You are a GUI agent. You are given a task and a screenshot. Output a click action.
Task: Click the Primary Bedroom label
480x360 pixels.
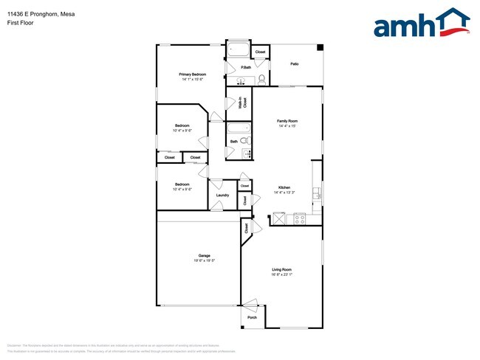click(193, 75)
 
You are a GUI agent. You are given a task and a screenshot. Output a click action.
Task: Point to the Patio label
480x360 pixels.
click(294, 64)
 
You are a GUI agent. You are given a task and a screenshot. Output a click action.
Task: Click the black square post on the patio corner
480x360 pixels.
click(320, 48)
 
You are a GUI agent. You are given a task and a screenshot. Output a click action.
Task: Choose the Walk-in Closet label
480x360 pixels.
click(241, 104)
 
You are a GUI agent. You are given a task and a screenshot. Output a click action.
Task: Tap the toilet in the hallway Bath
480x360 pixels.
click(247, 141)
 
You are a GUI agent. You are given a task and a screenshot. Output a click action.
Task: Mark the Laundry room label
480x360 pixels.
click(222, 195)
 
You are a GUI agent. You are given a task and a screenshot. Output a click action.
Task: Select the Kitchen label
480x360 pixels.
click(284, 187)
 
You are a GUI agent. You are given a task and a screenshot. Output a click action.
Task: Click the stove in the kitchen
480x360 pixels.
click(300, 218)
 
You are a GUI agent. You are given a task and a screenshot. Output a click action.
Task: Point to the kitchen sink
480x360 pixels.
click(317, 194)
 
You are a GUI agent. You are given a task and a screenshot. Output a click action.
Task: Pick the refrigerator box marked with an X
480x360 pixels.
click(279, 218)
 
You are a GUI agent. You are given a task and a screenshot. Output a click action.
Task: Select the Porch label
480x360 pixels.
click(252, 319)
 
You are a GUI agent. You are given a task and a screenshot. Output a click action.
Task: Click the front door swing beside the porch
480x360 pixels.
click(250, 303)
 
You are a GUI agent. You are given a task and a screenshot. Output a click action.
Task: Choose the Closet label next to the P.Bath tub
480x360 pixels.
click(260, 52)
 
